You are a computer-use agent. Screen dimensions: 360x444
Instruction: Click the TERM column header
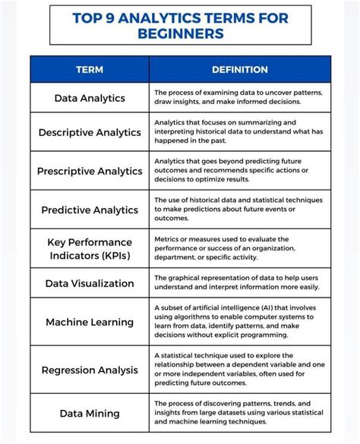[x=90, y=70]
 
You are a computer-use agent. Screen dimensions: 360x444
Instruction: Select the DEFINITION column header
[x=240, y=70]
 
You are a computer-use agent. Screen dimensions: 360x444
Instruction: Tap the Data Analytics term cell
[x=90, y=98]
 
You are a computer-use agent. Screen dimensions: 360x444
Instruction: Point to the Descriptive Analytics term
[x=90, y=132]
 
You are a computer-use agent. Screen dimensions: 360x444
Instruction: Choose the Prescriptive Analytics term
[x=90, y=171]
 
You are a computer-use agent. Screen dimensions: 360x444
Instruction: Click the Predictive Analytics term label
[x=90, y=209]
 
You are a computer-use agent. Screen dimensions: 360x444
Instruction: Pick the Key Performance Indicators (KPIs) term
[x=90, y=248]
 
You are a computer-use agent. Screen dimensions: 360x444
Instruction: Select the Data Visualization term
[x=90, y=283]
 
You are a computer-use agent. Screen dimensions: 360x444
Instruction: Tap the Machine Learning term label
[x=90, y=322]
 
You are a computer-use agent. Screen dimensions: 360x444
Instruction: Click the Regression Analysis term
[x=90, y=370]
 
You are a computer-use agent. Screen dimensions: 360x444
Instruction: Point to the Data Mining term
[x=90, y=413]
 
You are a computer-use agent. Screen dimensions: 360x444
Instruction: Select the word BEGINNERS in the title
[x=180, y=33]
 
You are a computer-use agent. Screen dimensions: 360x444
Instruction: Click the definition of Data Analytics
[x=238, y=97]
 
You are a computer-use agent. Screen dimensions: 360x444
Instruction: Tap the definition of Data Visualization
[x=237, y=282]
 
